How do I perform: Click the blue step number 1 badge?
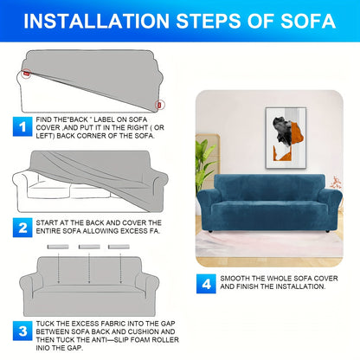[22, 126]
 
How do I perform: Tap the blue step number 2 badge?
[22, 228]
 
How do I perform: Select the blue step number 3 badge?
[22, 331]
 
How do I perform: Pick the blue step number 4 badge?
[206, 284]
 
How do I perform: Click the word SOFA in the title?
[308, 21]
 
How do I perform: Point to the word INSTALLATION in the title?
[96, 21]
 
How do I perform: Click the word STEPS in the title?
[209, 21]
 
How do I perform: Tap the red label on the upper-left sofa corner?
[27, 74]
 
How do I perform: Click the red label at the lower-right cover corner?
[159, 105]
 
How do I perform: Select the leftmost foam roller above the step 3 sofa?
[58, 247]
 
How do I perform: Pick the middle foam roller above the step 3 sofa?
[89, 247]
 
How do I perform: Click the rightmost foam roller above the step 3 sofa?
[119, 247]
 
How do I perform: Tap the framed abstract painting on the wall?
[286, 138]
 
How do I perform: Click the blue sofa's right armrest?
[333, 205]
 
